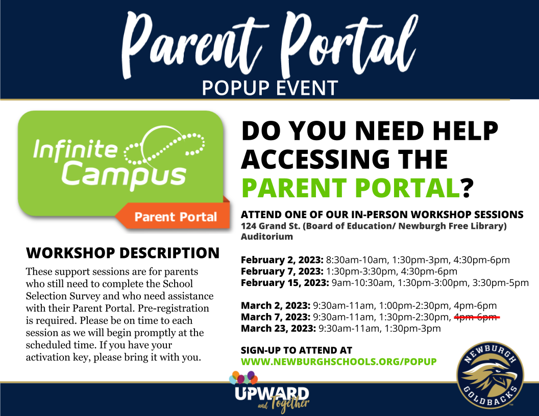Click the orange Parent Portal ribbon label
tap(175, 217)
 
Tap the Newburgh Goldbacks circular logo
tap(489, 375)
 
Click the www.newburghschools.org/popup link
tap(338, 361)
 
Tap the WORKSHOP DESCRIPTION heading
tap(122, 253)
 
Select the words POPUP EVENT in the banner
tap(269, 88)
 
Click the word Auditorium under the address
tap(267, 237)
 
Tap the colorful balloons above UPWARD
tap(243, 378)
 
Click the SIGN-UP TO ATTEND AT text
tap(296, 350)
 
